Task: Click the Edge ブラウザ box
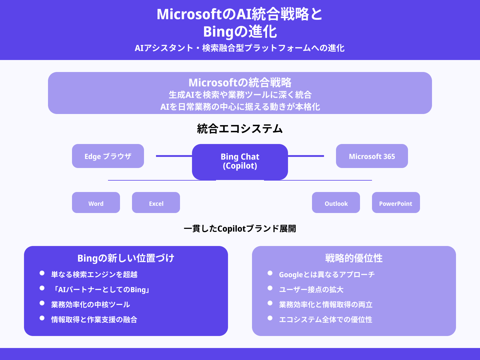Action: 108,156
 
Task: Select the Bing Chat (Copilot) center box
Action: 240,161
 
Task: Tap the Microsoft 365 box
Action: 372,156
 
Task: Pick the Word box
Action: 96,203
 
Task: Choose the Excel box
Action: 156,203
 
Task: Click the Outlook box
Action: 336,203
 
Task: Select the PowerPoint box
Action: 396,203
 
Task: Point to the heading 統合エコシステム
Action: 240,129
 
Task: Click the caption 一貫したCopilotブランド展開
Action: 240,229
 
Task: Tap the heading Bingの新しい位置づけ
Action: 126,258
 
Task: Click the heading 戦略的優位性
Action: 354,258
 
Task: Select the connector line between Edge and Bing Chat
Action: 174,156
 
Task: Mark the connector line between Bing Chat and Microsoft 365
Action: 306,156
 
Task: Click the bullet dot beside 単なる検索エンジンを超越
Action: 42,273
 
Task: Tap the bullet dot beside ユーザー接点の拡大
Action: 270,288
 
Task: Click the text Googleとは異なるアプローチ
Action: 327,274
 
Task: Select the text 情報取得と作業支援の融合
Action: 94,319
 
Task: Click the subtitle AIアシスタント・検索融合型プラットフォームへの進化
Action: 240,48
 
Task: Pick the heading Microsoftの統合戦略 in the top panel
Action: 240,82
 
